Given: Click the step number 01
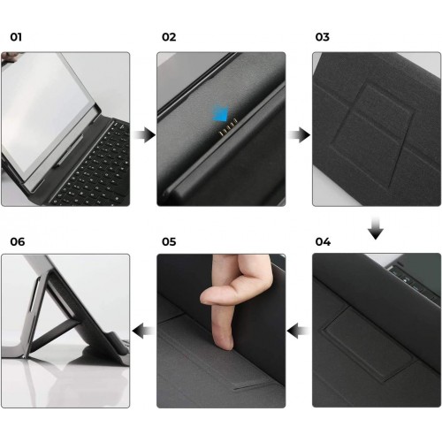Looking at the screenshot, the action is pyautogui.click(x=16, y=37).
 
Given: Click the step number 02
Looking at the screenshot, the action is pyautogui.click(x=169, y=37).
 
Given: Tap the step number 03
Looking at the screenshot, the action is pyautogui.click(x=323, y=37).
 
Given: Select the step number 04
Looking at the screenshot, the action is pyautogui.click(x=323, y=242).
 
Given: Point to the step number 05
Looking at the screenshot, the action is pyautogui.click(x=169, y=242).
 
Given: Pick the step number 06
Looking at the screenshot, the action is pyautogui.click(x=18, y=242).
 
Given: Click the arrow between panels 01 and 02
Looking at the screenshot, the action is pyautogui.click(x=144, y=135).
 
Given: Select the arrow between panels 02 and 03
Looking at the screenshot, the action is pyautogui.click(x=299, y=135).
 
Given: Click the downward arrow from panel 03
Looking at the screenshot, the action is pyautogui.click(x=376, y=228).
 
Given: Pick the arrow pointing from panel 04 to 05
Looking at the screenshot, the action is pyautogui.click(x=298, y=331).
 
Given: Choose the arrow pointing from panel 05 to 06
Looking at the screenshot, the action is pyautogui.click(x=143, y=331).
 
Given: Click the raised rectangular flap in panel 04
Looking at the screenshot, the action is pyautogui.click(x=370, y=343).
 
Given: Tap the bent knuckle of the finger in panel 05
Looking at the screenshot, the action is pyautogui.click(x=208, y=298).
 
